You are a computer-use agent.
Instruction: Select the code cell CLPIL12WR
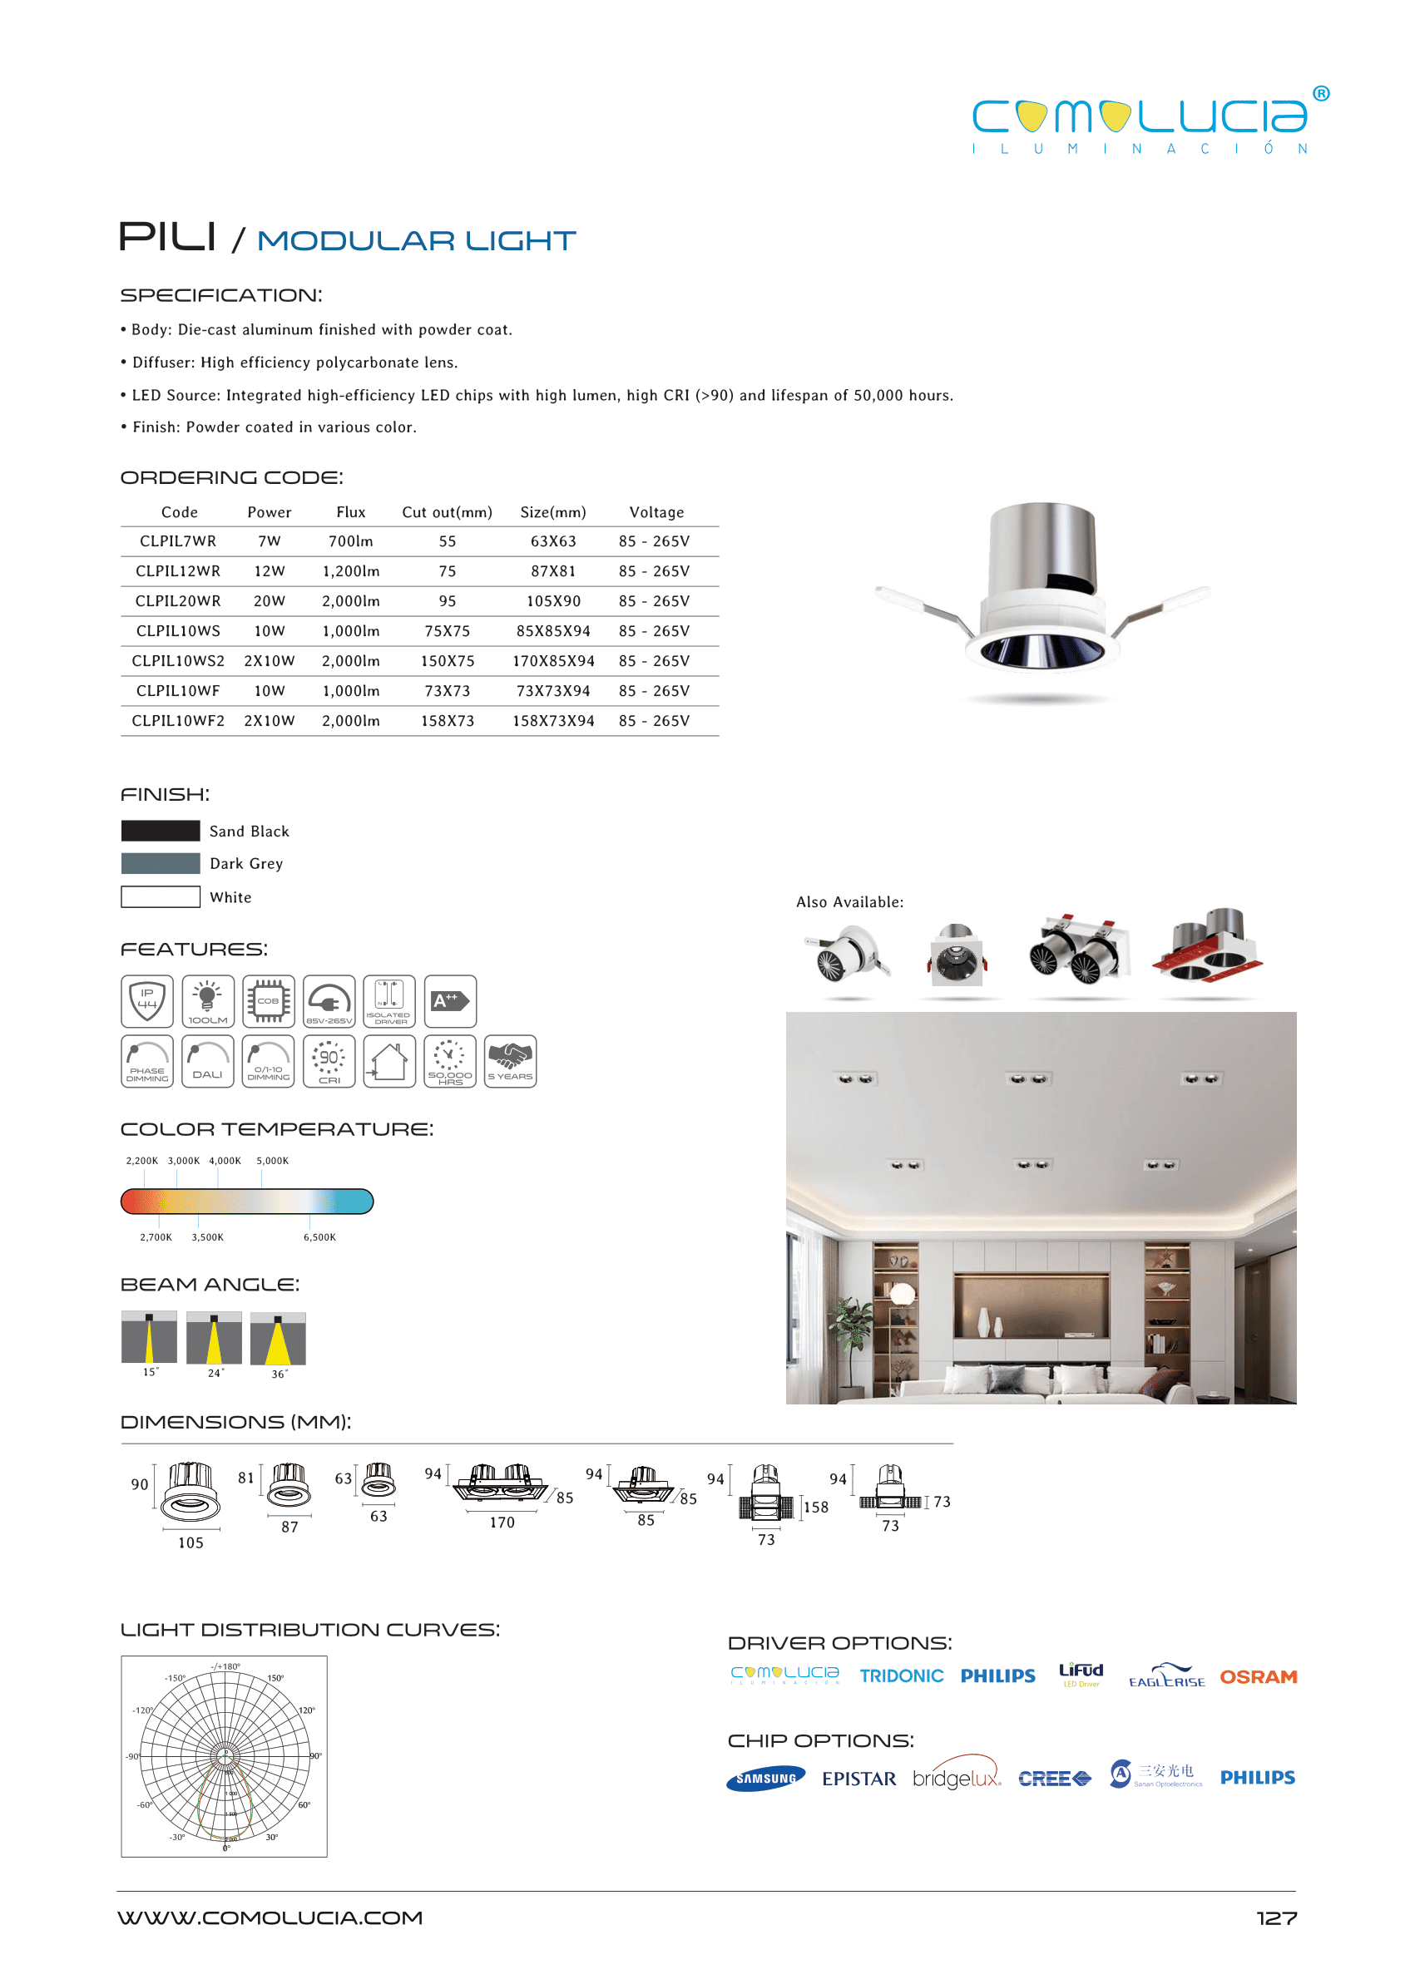click(x=178, y=571)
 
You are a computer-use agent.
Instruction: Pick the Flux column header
click(x=351, y=512)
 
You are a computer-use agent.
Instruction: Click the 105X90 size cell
click(x=553, y=601)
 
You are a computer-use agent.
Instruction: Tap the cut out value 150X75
click(x=447, y=661)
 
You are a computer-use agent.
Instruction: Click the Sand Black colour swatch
click(x=161, y=831)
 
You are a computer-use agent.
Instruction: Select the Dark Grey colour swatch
click(x=161, y=863)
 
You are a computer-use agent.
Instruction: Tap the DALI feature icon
click(x=207, y=1061)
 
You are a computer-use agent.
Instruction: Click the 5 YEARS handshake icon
click(x=510, y=1061)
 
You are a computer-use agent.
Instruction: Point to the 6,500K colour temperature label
click(x=319, y=1236)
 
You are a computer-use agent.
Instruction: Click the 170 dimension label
click(x=502, y=1523)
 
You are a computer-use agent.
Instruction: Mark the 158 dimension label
click(x=815, y=1507)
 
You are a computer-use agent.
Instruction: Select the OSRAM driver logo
click(x=1257, y=1676)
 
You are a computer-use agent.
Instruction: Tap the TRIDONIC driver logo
click(x=901, y=1676)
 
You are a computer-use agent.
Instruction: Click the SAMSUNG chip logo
click(x=765, y=1779)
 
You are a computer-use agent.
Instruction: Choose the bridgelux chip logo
click(x=956, y=1778)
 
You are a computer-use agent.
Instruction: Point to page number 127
click(x=1275, y=1917)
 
